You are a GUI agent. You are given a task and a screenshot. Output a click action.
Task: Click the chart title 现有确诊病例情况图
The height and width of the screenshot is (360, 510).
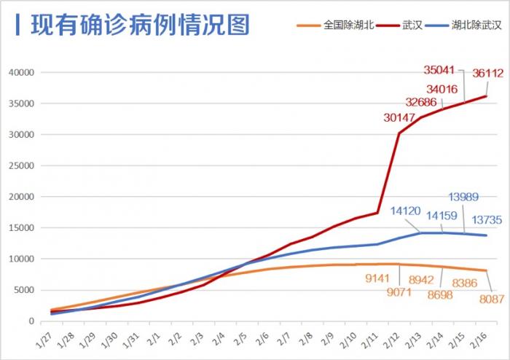(x=140, y=24)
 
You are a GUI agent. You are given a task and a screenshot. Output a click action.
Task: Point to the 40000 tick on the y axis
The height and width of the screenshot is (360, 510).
(x=22, y=73)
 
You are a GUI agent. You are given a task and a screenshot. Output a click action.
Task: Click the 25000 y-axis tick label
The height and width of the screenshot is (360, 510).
(x=22, y=166)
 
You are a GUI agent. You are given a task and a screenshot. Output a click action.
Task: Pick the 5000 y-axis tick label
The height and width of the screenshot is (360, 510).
(x=24, y=290)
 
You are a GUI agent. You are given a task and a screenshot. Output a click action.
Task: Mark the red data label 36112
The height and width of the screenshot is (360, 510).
(x=487, y=74)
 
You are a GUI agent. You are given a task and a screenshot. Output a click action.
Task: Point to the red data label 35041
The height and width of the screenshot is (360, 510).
(x=439, y=71)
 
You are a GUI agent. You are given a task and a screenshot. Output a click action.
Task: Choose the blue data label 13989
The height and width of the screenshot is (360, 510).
(x=464, y=197)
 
